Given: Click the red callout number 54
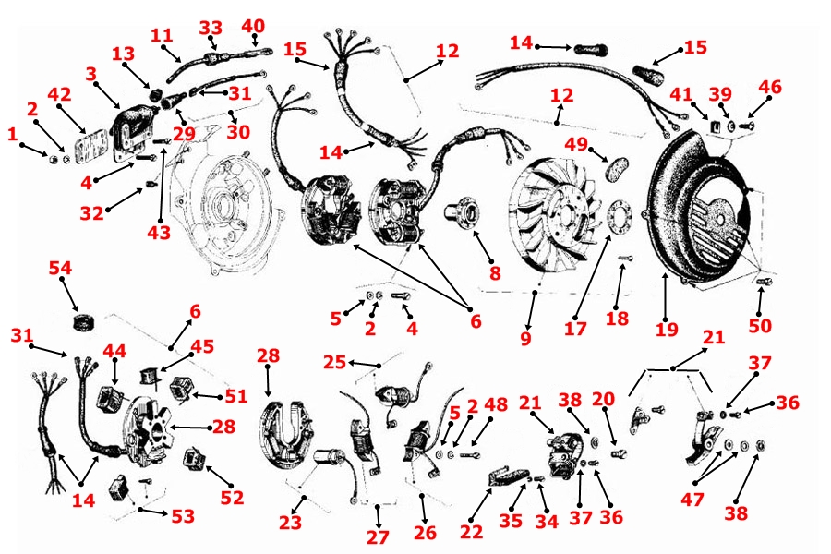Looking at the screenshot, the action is [x=60, y=268].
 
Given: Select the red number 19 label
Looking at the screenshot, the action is [x=667, y=330].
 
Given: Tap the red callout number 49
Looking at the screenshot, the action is [x=576, y=144].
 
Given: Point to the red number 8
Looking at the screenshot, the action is [x=495, y=273].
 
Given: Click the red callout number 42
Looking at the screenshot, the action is [x=59, y=94].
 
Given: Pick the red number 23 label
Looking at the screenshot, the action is [x=290, y=523].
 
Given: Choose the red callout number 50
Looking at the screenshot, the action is [x=760, y=325].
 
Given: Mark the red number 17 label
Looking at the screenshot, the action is [x=575, y=329].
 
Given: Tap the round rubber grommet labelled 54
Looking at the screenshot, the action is [x=83, y=321].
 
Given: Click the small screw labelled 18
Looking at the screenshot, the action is [x=626, y=259].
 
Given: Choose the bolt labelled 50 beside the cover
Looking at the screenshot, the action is [x=764, y=281].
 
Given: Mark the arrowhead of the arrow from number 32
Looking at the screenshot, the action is [x=141, y=189].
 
